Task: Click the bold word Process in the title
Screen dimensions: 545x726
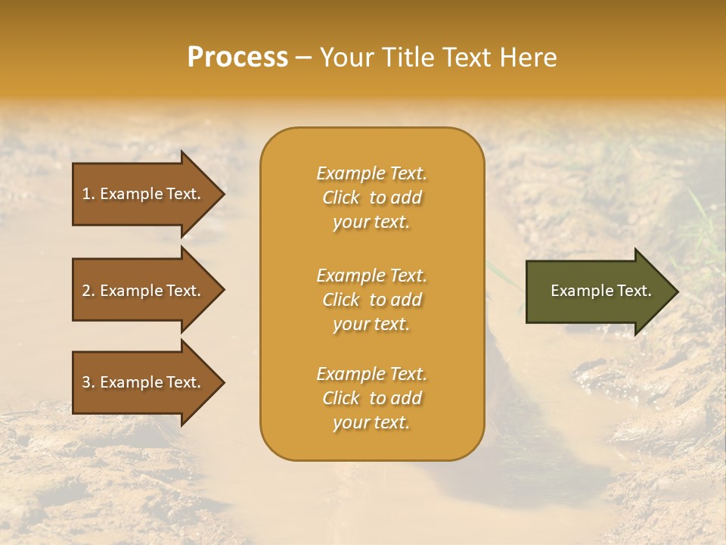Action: coord(237,58)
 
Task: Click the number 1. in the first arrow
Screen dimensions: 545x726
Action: coord(88,194)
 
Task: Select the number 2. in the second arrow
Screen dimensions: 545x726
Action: coord(88,291)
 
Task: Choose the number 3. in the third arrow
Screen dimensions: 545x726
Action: coord(88,382)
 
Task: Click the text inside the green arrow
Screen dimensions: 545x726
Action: coord(600,291)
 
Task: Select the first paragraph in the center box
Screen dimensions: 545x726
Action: coord(371,198)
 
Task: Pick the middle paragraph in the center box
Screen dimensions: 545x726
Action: coord(371,300)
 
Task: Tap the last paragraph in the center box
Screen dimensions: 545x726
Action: coord(371,398)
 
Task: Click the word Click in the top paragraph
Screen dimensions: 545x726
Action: coord(341,198)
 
